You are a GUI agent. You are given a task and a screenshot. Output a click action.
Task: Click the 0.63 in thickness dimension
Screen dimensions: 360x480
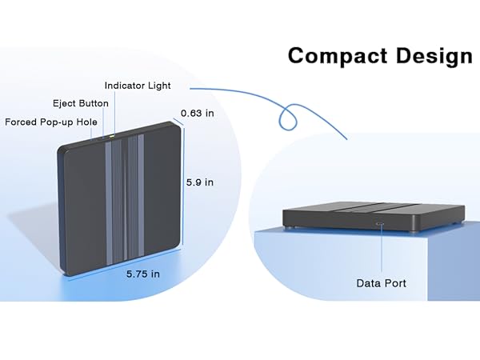(197, 113)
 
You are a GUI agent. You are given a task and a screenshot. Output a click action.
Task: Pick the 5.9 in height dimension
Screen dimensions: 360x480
(199, 182)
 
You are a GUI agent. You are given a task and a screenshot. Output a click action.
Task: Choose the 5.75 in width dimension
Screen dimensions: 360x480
(142, 274)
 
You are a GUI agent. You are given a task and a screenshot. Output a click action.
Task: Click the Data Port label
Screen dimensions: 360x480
(381, 283)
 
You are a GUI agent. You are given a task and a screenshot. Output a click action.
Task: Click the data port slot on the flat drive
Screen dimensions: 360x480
(380, 225)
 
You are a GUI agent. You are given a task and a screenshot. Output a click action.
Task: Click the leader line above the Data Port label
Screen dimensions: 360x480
(381, 252)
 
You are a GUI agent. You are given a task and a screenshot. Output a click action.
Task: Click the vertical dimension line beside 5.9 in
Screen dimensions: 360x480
(185, 184)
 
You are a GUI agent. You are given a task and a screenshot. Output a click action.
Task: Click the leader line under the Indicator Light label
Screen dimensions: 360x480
(114, 112)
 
